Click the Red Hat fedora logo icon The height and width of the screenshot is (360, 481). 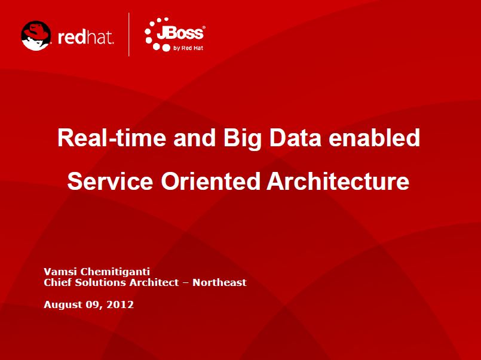[x=36, y=36]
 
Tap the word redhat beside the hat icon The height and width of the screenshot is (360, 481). [x=85, y=38]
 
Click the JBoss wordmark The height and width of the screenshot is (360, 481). [x=180, y=33]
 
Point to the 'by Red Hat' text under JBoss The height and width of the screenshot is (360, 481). [x=188, y=48]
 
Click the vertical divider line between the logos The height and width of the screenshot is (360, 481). [x=129, y=34]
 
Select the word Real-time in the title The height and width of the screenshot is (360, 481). [x=112, y=138]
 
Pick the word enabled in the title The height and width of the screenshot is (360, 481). [x=374, y=138]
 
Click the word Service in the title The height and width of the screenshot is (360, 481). [x=110, y=181]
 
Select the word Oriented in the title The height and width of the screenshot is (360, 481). [x=210, y=181]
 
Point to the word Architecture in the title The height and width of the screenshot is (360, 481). [x=338, y=181]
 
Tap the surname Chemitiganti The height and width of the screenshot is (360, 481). [x=115, y=272]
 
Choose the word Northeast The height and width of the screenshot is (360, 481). [x=219, y=282]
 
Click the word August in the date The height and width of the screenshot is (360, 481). [x=60, y=305]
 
